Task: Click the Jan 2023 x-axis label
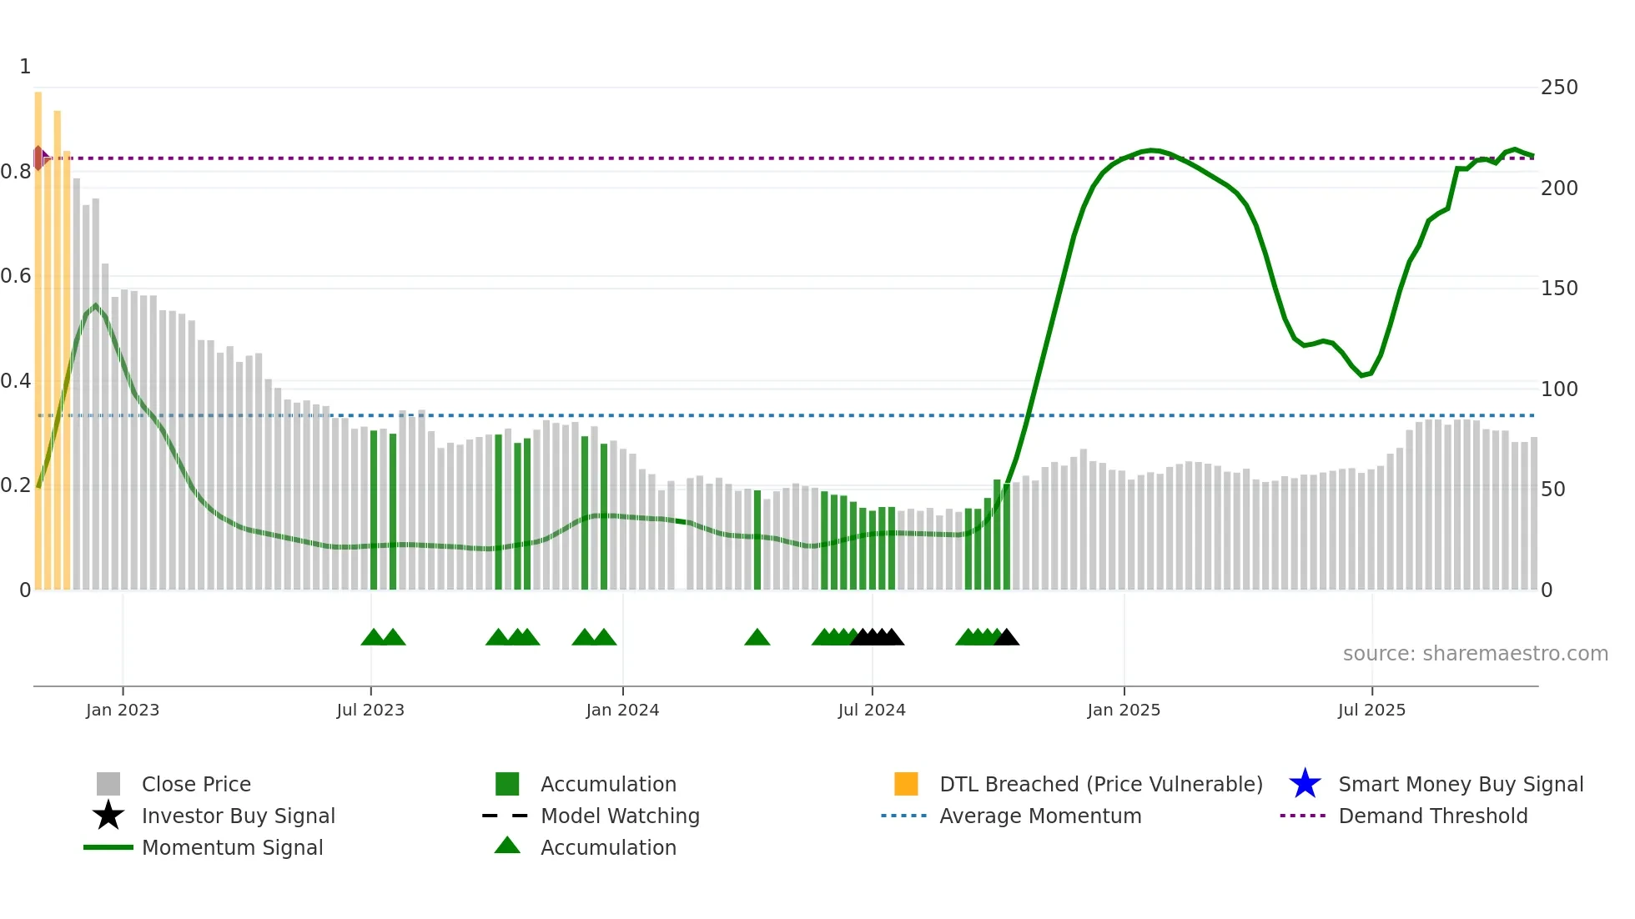pos(123,710)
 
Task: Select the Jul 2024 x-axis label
pos(872,710)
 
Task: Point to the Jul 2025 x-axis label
pos(1371,710)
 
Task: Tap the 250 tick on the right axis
pos(1559,88)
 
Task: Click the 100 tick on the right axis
pos(1559,389)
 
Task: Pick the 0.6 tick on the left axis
pos(16,276)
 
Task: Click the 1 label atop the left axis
pos(25,67)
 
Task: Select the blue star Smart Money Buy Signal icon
pos(1305,784)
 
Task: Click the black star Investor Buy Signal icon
pos(108,816)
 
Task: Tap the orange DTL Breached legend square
pos(906,784)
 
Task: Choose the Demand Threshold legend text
pos(1432,816)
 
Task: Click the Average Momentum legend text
pos(1040,816)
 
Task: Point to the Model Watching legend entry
pos(620,816)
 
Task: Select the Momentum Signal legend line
pos(108,847)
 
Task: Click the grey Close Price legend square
pos(108,784)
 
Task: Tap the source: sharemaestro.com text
pos(1475,654)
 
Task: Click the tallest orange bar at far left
pos(38,334)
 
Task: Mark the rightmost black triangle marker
pos(1007,638)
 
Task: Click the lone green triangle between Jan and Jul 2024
pos(757,638)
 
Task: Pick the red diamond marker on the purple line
pos(38,158)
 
